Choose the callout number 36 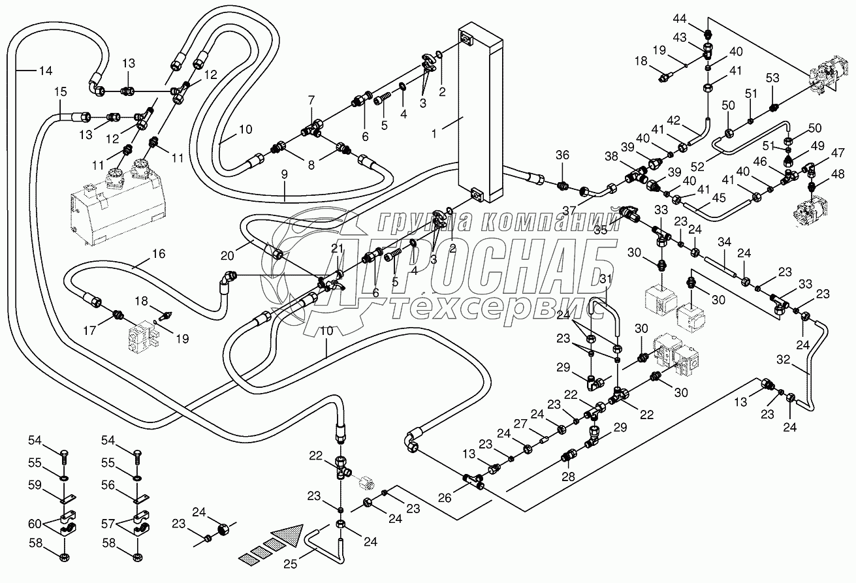563,155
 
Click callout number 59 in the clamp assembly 35,485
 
